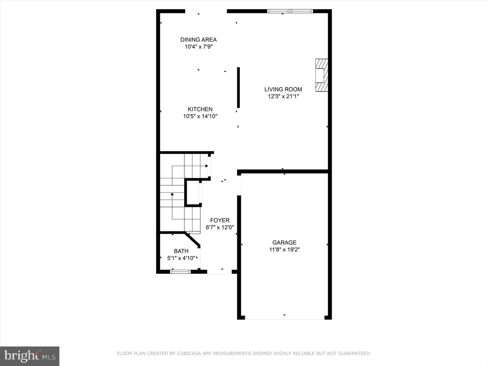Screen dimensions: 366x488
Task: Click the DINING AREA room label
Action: (x=198, y=40)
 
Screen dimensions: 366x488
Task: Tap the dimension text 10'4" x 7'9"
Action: (x=198, y=47)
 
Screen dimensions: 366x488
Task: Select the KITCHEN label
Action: (x=200, y=109)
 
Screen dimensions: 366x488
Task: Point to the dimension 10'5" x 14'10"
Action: (x=200, y=116)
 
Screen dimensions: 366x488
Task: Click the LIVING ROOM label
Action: (x=283, y=89)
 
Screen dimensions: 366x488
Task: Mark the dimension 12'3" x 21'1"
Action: (x=283, y=96)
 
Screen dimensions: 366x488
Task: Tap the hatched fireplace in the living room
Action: (x=322, y=75)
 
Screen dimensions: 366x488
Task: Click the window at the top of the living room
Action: (x=290, y=11)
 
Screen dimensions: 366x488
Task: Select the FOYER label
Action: (x=220, y=220)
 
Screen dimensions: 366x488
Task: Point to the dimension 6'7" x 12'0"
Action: (x=220, y=227)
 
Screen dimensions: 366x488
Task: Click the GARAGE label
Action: (x=284, y=243)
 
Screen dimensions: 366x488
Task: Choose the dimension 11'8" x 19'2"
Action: (x=284, y=249)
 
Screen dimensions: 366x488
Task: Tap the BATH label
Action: (x=181, y=251)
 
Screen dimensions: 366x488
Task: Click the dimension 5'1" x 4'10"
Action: (x=181, y=258)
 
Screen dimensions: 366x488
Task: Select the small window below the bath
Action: (x=180, y=271)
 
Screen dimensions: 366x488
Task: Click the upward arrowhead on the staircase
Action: (x=172, y=194)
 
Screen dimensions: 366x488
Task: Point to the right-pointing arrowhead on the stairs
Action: (x=207, y=166)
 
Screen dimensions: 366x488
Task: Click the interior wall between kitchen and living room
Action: (x=238, y=88)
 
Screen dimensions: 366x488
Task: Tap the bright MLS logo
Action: (x=30, y=356)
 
